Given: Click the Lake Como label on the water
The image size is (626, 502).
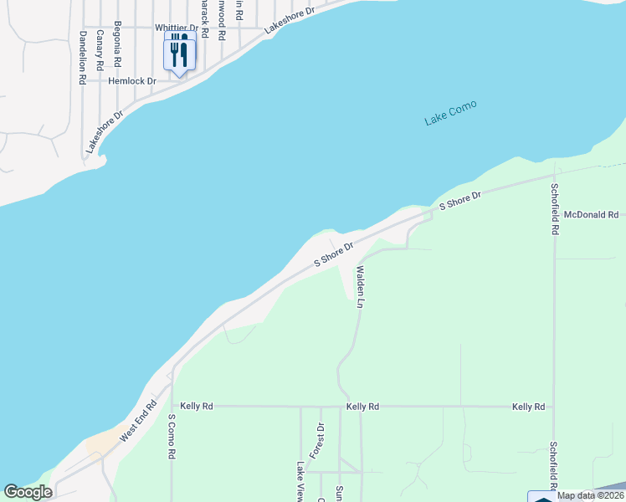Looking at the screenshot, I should click(x=450, y=113).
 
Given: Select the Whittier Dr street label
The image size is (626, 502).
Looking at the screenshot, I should click(x=175, y=28).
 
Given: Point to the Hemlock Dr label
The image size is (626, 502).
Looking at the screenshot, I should click(x=132, y=81).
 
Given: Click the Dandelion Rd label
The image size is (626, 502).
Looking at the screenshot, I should click(x=83, y=58).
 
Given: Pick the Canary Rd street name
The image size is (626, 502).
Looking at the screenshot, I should click(x=100, y=49).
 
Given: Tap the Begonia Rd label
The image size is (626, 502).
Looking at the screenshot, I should click(x=118, y=45).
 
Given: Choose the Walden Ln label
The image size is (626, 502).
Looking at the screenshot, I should click(x=360, y=287).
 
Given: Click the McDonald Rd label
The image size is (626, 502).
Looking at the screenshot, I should click(x=590, y=215).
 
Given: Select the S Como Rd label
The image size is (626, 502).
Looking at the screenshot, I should click(x=172, y=435).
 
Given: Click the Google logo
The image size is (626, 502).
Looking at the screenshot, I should click(x=28, y=492).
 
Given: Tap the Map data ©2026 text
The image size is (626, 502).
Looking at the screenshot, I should click(x=589, y=495).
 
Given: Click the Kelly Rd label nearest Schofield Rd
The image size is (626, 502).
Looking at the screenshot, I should click(x=529, y=407).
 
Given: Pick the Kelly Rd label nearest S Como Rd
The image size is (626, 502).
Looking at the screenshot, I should click(x=197, y=406).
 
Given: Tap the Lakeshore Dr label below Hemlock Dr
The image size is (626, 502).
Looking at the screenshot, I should click(x=104, y=131).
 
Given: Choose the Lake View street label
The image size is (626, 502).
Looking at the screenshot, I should click(x=300, y=481).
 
